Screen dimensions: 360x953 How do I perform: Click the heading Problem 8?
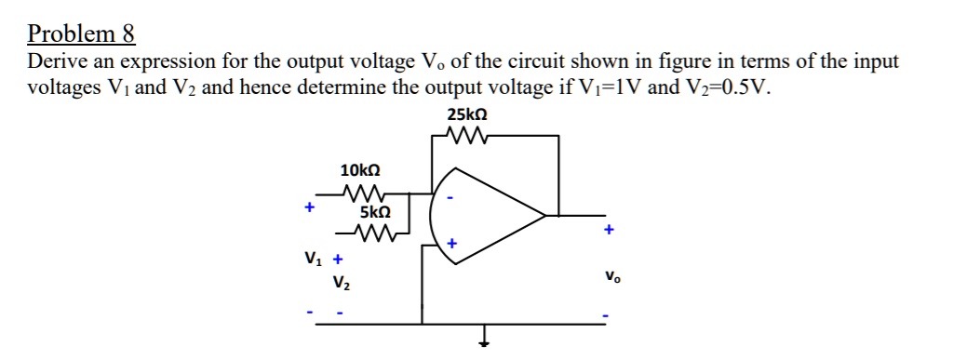(x=82, y=34)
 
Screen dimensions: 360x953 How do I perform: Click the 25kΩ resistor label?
(x=467, y=116)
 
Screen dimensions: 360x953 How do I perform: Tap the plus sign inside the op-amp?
(x=451, y=243)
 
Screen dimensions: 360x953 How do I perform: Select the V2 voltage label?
(x=341, y=281)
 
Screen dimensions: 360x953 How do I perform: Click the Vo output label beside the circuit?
(x=610, y=277)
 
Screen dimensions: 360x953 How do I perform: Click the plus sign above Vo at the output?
(x=609, y=229)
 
